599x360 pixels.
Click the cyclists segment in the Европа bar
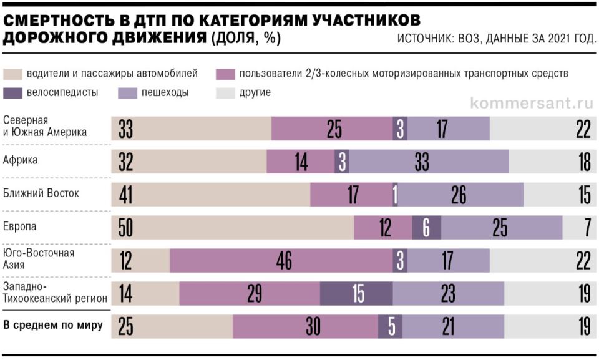click(426, 228)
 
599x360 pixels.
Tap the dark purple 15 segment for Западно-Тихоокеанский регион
click(356, 294)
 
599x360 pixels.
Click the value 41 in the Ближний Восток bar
click(127, 195)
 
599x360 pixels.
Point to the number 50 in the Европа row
click(126, 228)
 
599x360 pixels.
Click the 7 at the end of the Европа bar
click(587, 228)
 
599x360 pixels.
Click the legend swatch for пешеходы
click(127, 93)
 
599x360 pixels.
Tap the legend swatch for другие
click(224, 93)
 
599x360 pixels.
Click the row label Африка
click(21, 160)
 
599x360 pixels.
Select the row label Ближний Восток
click(41, 193)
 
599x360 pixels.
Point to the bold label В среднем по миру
click(53, 325)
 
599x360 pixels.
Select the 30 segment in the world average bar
click(305, 327)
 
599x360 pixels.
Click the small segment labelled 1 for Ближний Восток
click(395, 195)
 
